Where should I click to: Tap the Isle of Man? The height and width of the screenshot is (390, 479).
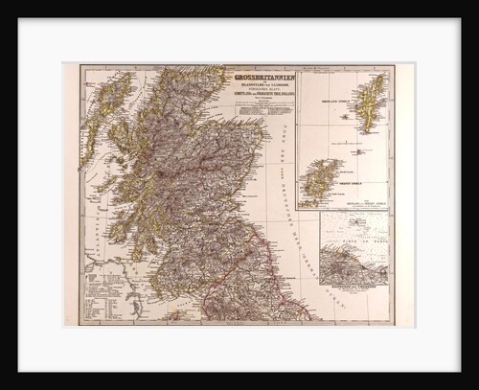[x=175, y=314]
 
